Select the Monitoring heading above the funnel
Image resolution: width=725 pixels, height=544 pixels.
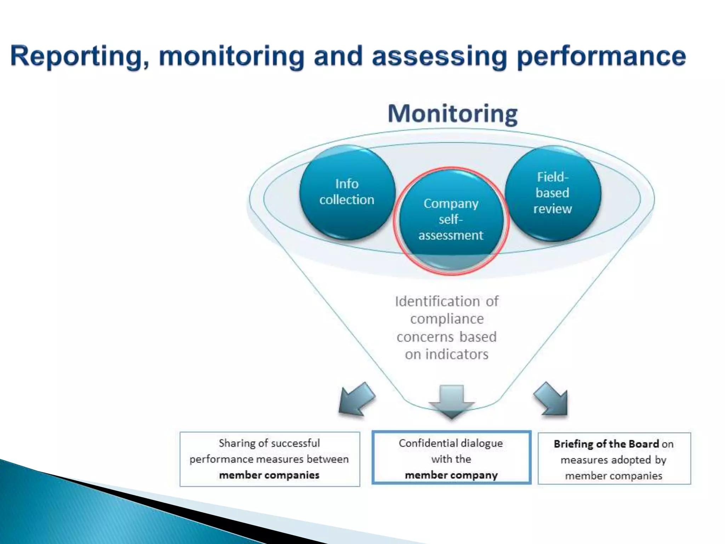click(x=452, y=114)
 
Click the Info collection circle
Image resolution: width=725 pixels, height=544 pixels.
click(x=347, y=192)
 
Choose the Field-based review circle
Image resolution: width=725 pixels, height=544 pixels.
click(x=553, y=193)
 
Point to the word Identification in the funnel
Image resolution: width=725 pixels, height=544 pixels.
click(x=437, y=301)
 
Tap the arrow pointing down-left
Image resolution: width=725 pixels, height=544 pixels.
click(x=356, y=399)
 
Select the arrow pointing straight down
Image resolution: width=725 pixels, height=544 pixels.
click(x=451, y=401)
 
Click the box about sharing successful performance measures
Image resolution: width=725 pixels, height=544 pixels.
click(x=269, y=459)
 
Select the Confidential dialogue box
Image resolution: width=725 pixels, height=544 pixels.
click(x=451, y=458)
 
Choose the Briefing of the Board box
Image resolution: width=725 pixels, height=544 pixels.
click(x=614, y=459)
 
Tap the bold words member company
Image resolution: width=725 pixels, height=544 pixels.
click(x=451, y=475)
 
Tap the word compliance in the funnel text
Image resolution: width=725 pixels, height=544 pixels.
click(x=447, y=319)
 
